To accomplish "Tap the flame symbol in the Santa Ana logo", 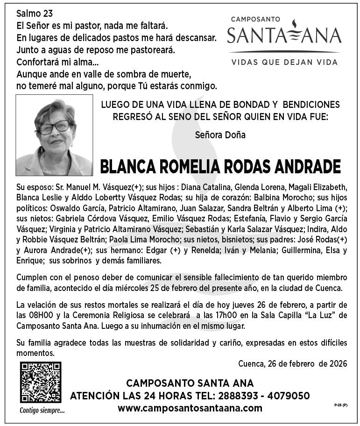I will pyautogui.click(x=284, y=31).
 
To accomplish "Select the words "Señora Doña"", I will pyautogui.click(x=221, y=135).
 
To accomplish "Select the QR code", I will pyautogui.click(x=40, y=382).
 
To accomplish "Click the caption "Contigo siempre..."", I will pyautogui.click(x=42, y=411).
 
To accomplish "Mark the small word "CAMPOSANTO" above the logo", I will pyautogui.click(x=256, y=19).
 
